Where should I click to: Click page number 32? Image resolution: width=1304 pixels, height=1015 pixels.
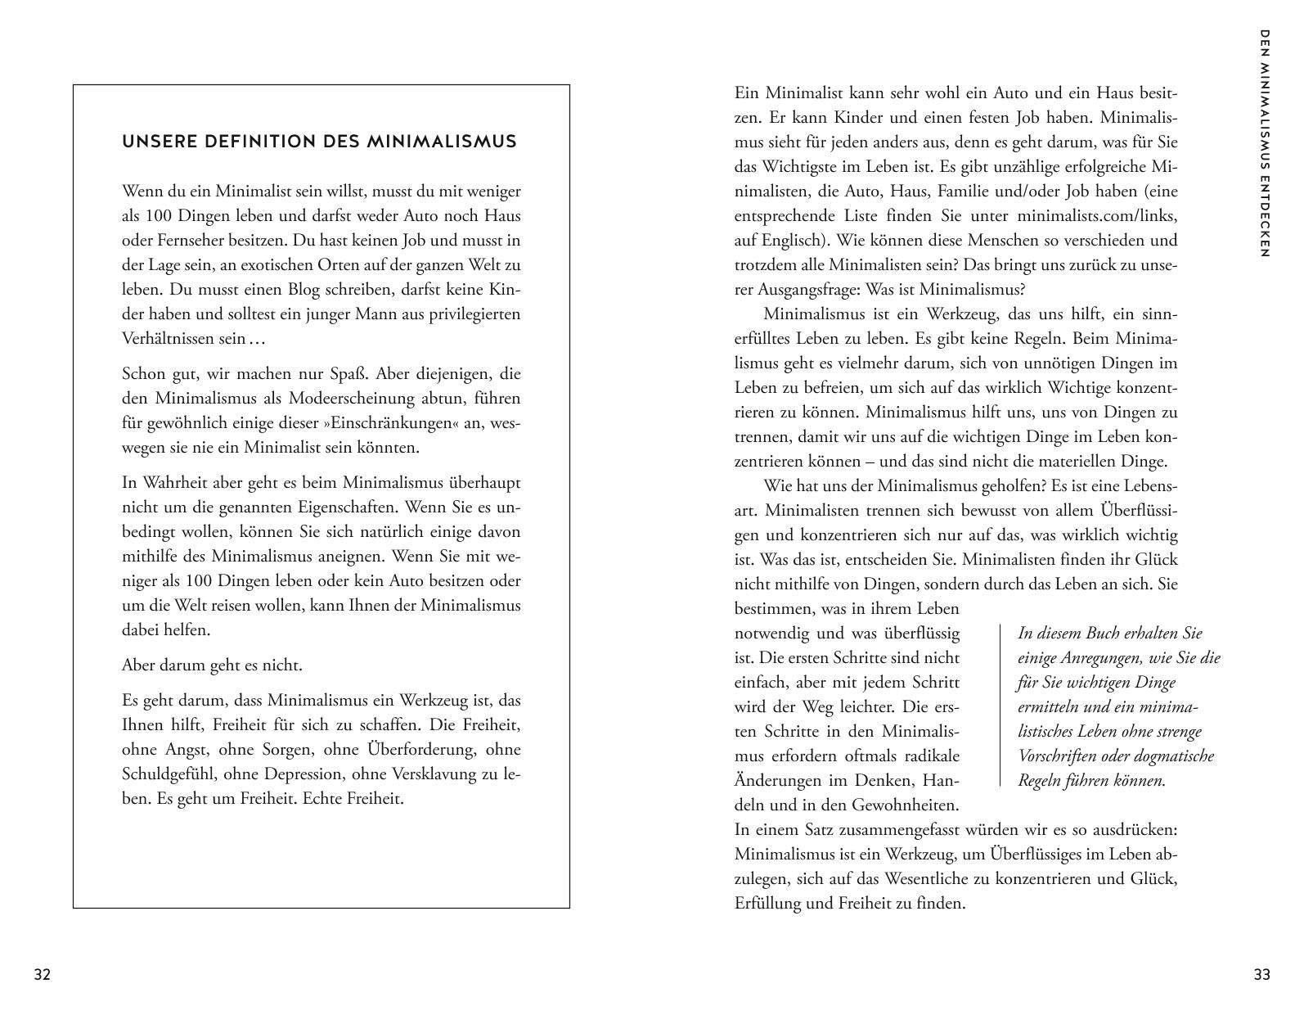(x=42, y=975)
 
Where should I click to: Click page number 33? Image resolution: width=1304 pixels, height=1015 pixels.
(x=1261, y=975)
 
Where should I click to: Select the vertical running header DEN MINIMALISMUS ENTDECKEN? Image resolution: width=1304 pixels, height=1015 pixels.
(x=1264, y=144)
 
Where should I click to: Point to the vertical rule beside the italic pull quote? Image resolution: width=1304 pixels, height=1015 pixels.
(x=1000, y=706)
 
